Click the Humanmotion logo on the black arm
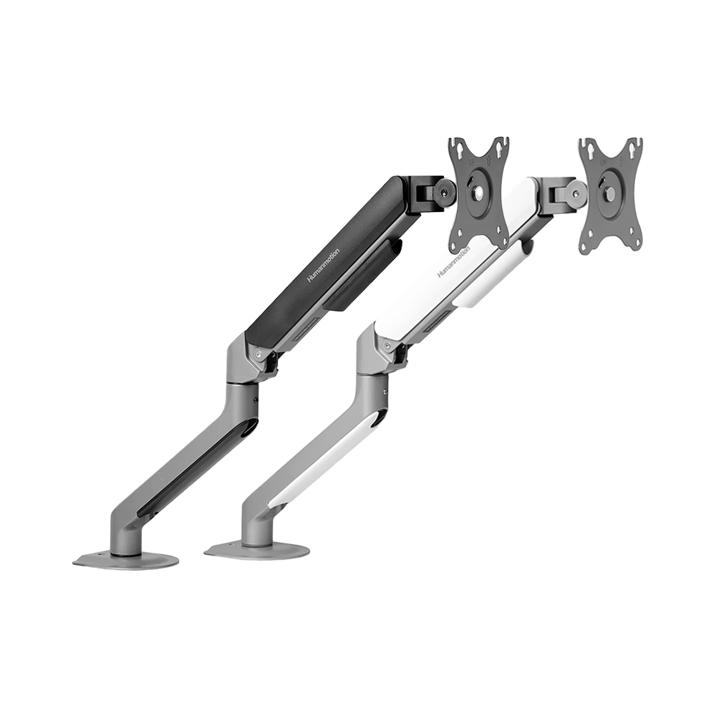[324, 265]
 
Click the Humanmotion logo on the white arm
[454, 262]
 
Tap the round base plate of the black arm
[126, 559]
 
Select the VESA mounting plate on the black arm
[478, 194]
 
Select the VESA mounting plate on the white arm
[610, 194]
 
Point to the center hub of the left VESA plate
[478, 194]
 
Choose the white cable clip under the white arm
[494, 276]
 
